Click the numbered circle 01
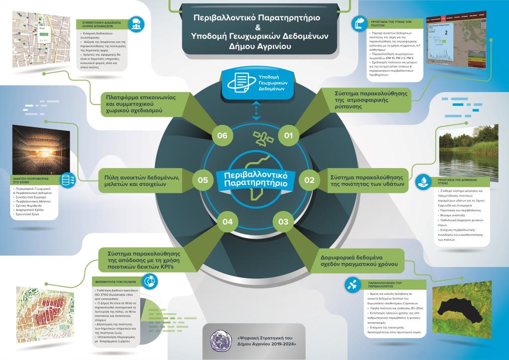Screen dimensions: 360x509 [289, 135]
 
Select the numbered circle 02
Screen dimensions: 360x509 [309, 180]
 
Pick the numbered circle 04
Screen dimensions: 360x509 [227, 221]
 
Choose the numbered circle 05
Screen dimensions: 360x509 [202, 180]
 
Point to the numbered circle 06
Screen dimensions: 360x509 [222, 135]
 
